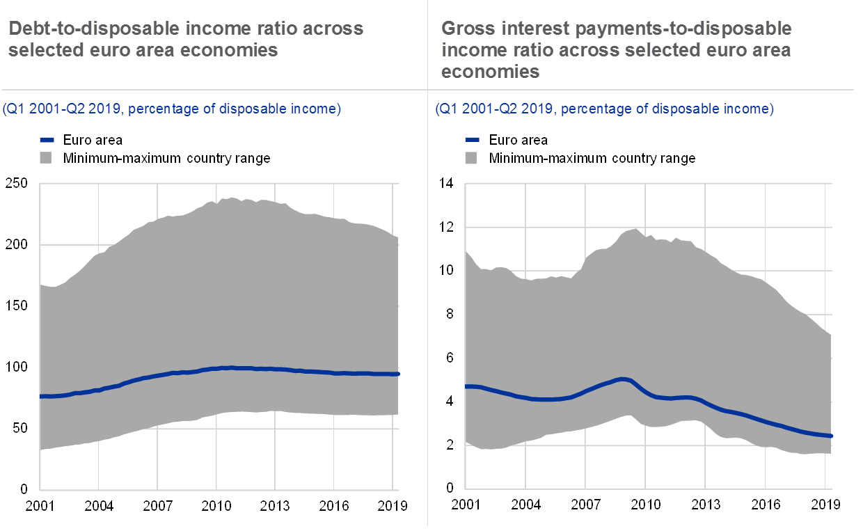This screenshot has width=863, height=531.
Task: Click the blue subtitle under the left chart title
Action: pyautogui.click(x=171, y=109)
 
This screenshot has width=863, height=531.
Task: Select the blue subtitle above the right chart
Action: pyautogui.click(x=604, y=109)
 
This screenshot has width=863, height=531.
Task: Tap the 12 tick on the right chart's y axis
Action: pyautogui.click(x=446, y=227)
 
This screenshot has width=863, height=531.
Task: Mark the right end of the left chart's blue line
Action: pyautogui.click(x=397, y=374)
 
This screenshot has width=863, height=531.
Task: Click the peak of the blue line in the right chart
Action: pyautogui.click(x=621, y=379)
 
